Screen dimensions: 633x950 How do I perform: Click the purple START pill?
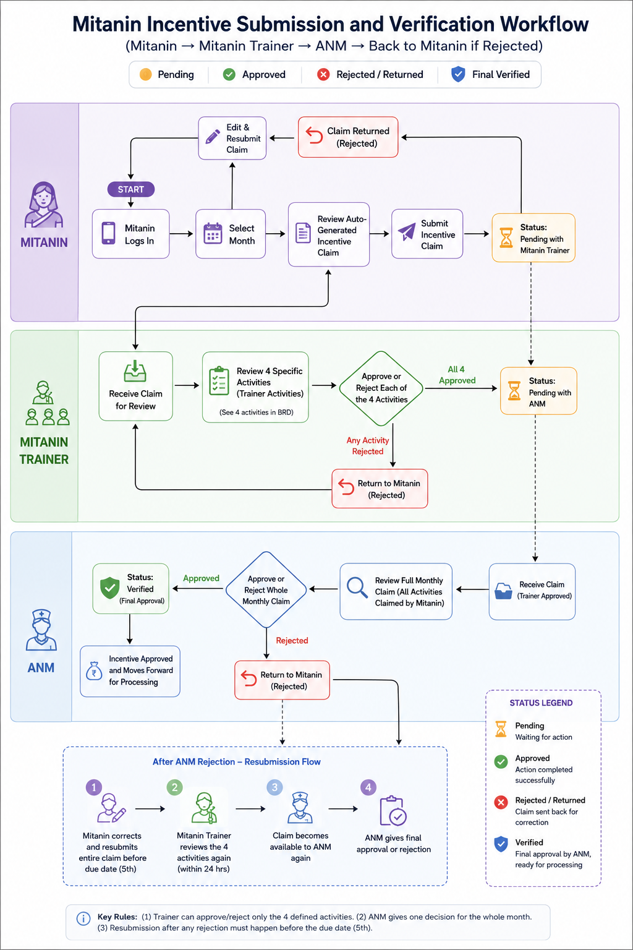click(130, 189)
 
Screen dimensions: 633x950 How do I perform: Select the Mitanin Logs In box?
click(130, 234)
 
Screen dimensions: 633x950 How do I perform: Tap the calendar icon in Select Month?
click(213, 233)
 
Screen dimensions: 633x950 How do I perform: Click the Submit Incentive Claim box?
click(427, 234)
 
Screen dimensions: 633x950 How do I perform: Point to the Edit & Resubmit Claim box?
click(232, 139)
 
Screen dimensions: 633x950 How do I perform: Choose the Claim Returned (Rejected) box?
click(348, 137)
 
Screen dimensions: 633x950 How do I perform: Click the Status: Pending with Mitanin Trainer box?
click(533, 238)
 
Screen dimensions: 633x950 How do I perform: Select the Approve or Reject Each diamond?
click(381, 388)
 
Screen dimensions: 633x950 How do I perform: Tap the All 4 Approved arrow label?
click(457, 375)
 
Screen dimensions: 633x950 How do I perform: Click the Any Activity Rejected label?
click(368, 446)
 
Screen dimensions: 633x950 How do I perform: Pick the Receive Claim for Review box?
click(135, 386)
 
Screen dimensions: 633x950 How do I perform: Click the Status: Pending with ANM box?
click(538, 391)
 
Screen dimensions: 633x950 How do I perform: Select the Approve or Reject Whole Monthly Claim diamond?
click(266, 589)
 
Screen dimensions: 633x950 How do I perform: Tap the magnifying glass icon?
click(357, 588)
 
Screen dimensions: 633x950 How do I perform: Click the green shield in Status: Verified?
click(109, 588)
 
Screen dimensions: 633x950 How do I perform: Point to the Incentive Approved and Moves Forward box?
click(130, 671)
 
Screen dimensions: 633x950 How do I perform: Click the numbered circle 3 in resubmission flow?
click(274, 787)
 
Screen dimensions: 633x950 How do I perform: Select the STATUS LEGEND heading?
click(541, 703)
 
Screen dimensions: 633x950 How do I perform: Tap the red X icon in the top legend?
click(323, 75)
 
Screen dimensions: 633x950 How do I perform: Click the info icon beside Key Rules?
click(83, 918)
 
